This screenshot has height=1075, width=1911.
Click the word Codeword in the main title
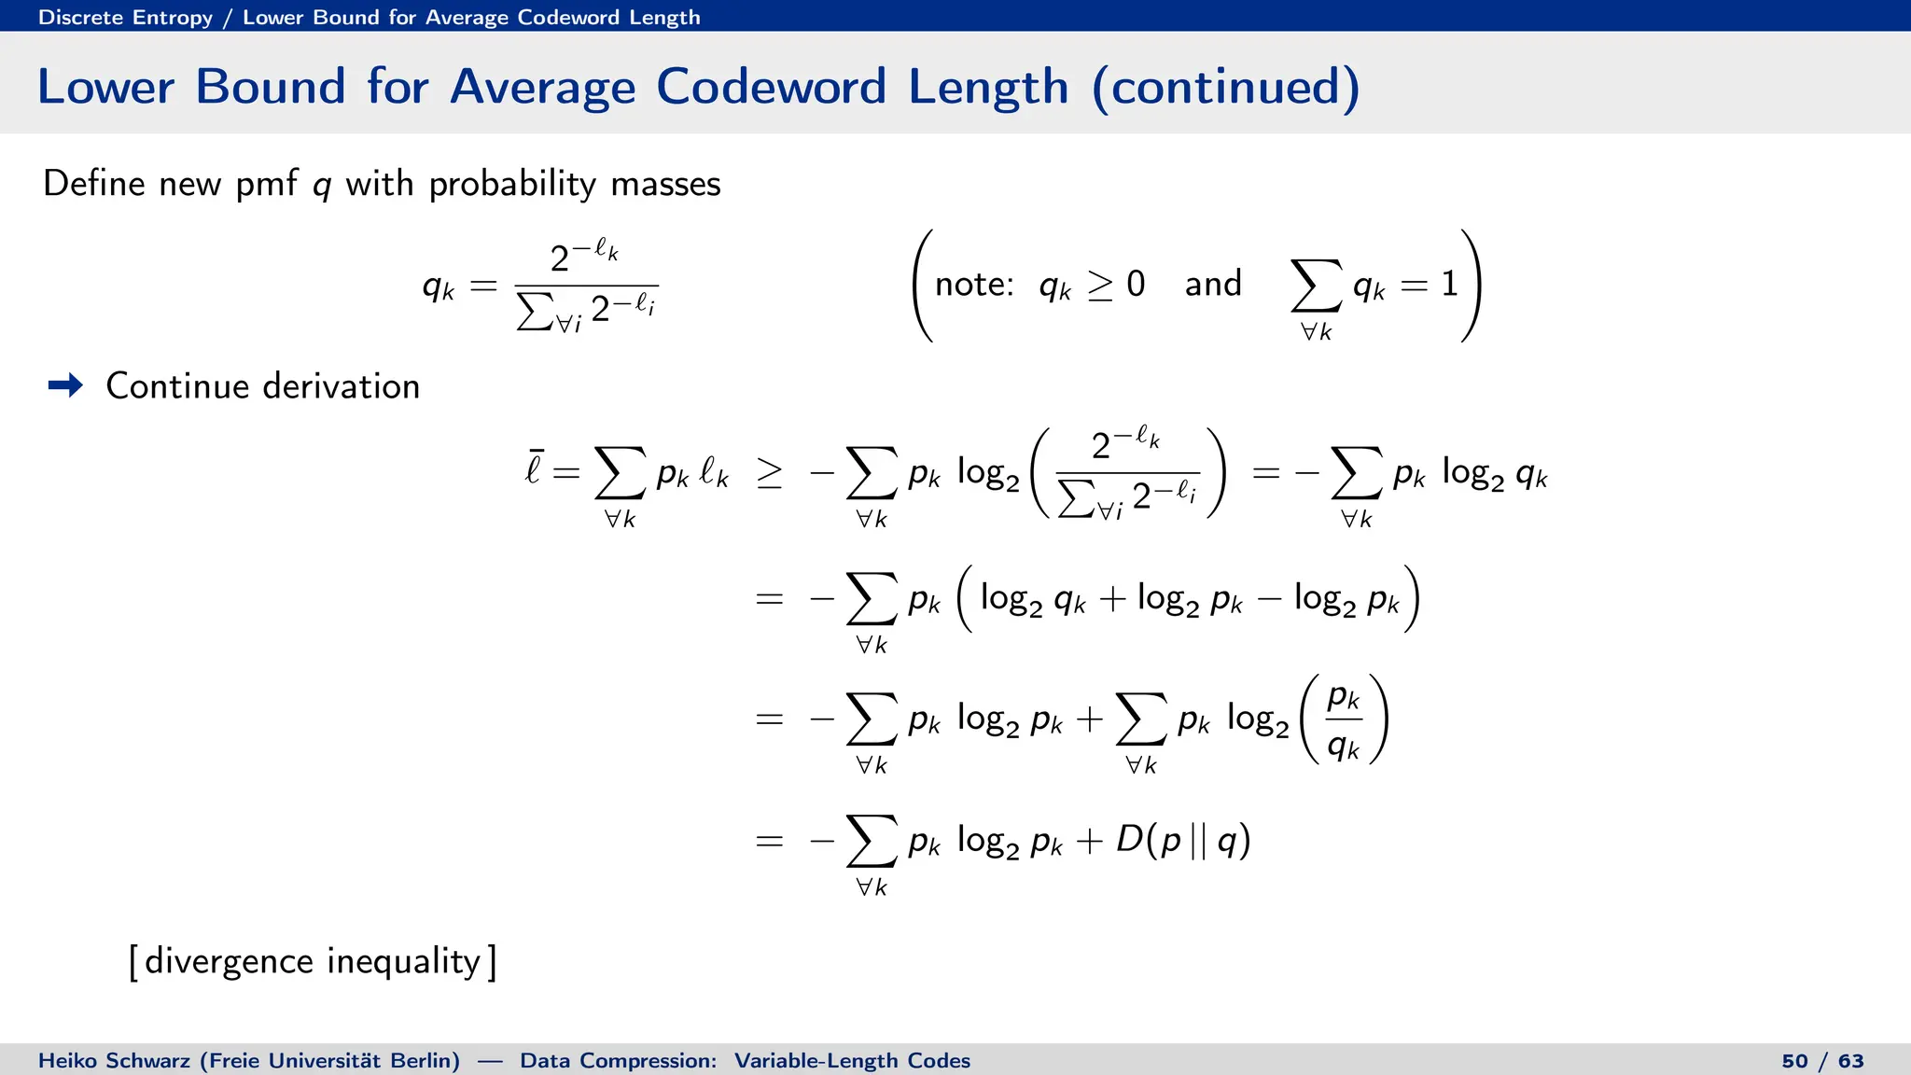770,87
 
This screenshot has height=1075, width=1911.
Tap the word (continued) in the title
1225,87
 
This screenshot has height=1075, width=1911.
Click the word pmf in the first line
266,184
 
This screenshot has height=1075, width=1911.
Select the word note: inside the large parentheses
974,284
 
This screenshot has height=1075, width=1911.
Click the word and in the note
1213,284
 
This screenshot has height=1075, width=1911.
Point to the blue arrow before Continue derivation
65,385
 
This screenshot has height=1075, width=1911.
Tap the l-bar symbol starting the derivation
533,468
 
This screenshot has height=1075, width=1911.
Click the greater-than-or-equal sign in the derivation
769,474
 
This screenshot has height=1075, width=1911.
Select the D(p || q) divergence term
1182,840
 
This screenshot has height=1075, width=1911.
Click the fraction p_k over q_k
1344,719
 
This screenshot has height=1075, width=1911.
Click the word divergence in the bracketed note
229,961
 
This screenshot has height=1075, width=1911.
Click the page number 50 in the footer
1794,1061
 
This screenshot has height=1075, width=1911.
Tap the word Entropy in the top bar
173,18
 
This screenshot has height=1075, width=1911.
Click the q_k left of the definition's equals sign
438,286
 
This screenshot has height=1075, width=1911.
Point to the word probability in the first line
512,184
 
